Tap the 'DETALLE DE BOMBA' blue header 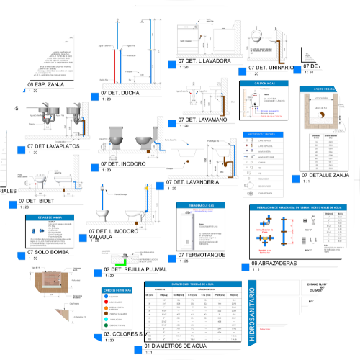tap(50, 217)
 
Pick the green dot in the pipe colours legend tap(105, 315)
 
